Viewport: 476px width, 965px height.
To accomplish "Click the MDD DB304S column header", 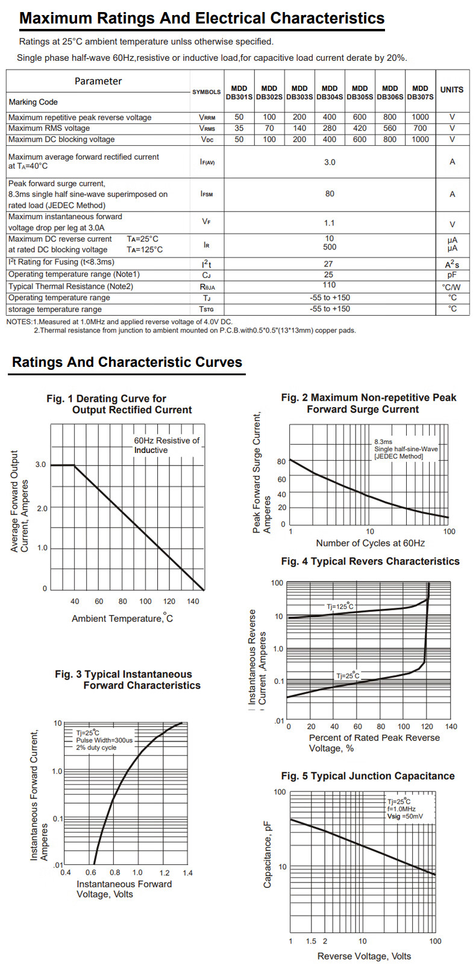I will click(330, 92).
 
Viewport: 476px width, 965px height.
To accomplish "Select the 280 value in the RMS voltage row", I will click(330, 128).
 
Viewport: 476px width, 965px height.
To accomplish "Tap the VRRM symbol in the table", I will click(207, 117).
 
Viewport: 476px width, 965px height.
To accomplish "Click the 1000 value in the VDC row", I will click(420, 139).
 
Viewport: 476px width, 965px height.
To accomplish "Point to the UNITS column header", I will click(452, 90).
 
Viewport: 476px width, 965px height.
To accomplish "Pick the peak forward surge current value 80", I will click(330, 194).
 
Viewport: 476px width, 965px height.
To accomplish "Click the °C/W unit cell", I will click(451, 287).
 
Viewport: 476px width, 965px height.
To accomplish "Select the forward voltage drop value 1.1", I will click(330, 223).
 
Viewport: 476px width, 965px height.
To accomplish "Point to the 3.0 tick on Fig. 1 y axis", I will click(40, 464).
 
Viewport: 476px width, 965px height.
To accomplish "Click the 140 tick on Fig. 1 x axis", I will click(193, 601).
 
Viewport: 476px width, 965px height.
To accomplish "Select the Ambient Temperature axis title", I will click(122, 619).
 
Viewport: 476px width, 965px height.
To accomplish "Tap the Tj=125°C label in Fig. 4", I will click(340, 606).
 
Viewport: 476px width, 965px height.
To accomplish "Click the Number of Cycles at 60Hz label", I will click(370, 543).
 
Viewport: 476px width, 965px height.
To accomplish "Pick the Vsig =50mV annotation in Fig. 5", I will click(405, 817).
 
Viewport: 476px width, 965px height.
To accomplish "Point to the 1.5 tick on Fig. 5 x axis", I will click(311, 941).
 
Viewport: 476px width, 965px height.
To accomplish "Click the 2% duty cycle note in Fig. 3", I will click(96, 748).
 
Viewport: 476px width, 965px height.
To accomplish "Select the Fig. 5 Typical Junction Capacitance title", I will click(368, 776).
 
